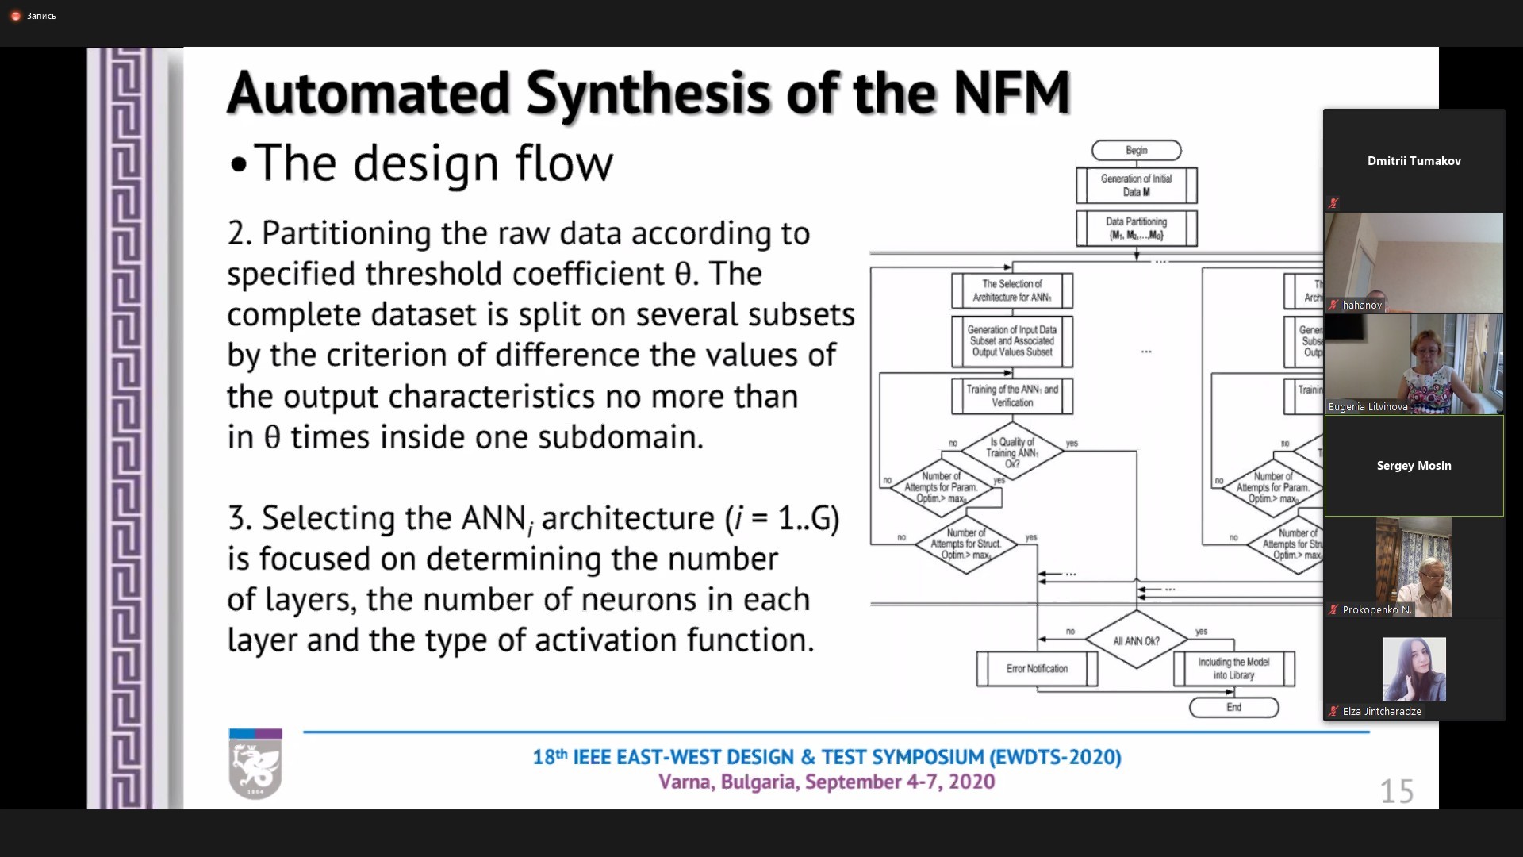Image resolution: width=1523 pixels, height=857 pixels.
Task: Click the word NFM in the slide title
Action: [x=1011, y=94]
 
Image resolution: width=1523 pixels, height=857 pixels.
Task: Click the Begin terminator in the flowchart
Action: [x=1136, y=150]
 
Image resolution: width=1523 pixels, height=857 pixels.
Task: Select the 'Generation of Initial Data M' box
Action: [x=1136, y=185]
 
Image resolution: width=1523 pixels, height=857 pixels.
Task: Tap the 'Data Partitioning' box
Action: [x=1136, y=228]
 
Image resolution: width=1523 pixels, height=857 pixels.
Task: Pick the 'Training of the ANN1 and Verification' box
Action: [x=1012, y=396]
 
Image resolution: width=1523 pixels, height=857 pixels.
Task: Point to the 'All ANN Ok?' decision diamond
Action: [x=1136, y=640]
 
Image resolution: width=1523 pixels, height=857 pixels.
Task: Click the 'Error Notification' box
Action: [x=1037, y=669]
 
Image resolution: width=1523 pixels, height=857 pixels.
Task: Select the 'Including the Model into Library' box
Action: [x=1233, y=668]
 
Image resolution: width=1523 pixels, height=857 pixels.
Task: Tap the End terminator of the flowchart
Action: [x=1233, y=707]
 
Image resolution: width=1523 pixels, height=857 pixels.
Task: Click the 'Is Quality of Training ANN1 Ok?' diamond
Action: [x=1012, y=452]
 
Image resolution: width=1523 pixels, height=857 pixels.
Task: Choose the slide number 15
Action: [x=1396, y=791]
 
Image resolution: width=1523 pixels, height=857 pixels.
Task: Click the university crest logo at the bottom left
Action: [x=255, y=763]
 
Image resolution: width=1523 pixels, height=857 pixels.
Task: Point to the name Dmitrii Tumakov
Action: [x=1414, y=160]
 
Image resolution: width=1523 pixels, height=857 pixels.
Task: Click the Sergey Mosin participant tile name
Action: [x=1414, y=466]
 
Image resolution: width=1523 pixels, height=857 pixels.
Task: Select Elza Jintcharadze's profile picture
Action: [x=1414, y=669]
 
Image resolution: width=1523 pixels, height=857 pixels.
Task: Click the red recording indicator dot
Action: [x=15, y=16]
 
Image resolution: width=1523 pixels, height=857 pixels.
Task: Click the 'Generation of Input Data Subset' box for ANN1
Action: [x=1012, y=341]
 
